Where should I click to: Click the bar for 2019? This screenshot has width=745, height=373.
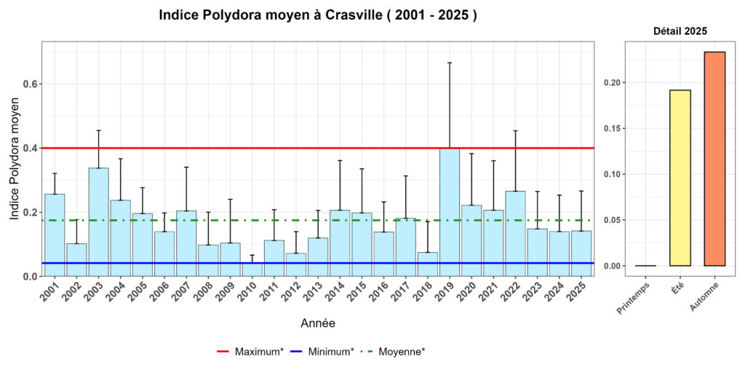(x=450, y=212)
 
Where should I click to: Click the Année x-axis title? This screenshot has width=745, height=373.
(x=318, y=322)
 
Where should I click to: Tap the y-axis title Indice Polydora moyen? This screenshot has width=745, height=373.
(x=15, y=160)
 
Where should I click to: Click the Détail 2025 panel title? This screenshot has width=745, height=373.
(x=680, y=31)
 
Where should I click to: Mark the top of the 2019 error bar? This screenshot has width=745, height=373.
(x=450, y=63)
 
